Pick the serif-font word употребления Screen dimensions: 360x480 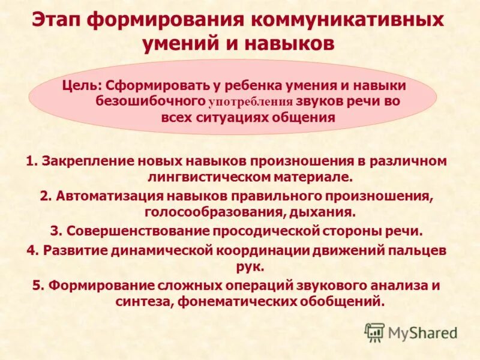point(251,102)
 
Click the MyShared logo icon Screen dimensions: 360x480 point(374,331)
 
